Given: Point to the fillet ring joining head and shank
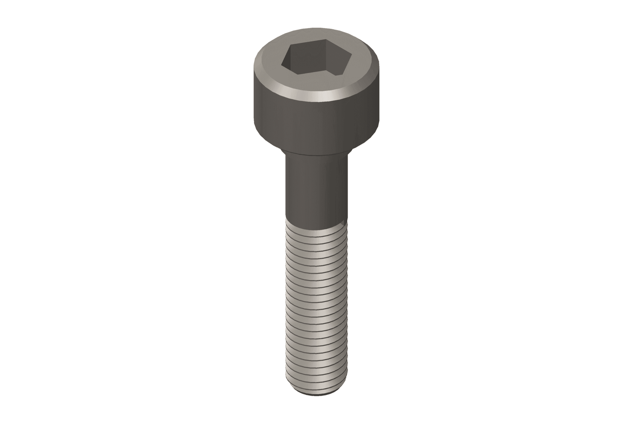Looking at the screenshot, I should (316, 153).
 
